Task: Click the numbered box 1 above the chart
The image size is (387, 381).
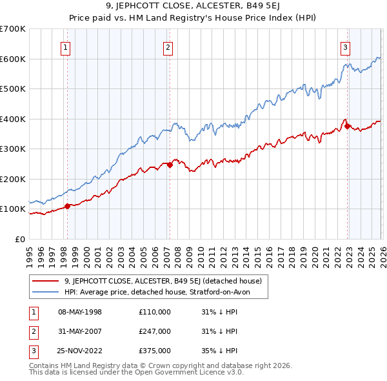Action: [66, 46]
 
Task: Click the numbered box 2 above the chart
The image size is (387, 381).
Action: [168, 46]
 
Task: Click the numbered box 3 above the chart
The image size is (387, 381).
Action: [346, 46]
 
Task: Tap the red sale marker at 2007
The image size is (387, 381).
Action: [170, 165]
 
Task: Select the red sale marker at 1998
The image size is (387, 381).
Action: [67, 206]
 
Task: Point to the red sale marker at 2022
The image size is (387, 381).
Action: [348, 127]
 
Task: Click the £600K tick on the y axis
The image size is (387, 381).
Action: [13, 59]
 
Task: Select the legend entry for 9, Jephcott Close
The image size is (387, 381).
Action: [163, 281]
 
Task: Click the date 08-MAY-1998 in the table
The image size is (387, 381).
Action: [80, 312]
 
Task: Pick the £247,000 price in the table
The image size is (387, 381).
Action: [155, 331]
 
